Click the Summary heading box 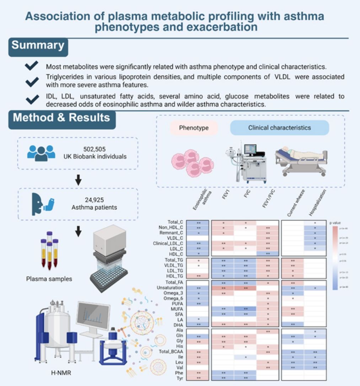click(x=38, y=46)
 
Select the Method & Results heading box click(x=62, y=118)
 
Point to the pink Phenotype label click(x=194, y=128)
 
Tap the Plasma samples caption click(x=49, y=279)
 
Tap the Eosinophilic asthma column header click(x=197, y=201)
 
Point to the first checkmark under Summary click(x=32, y=66)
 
